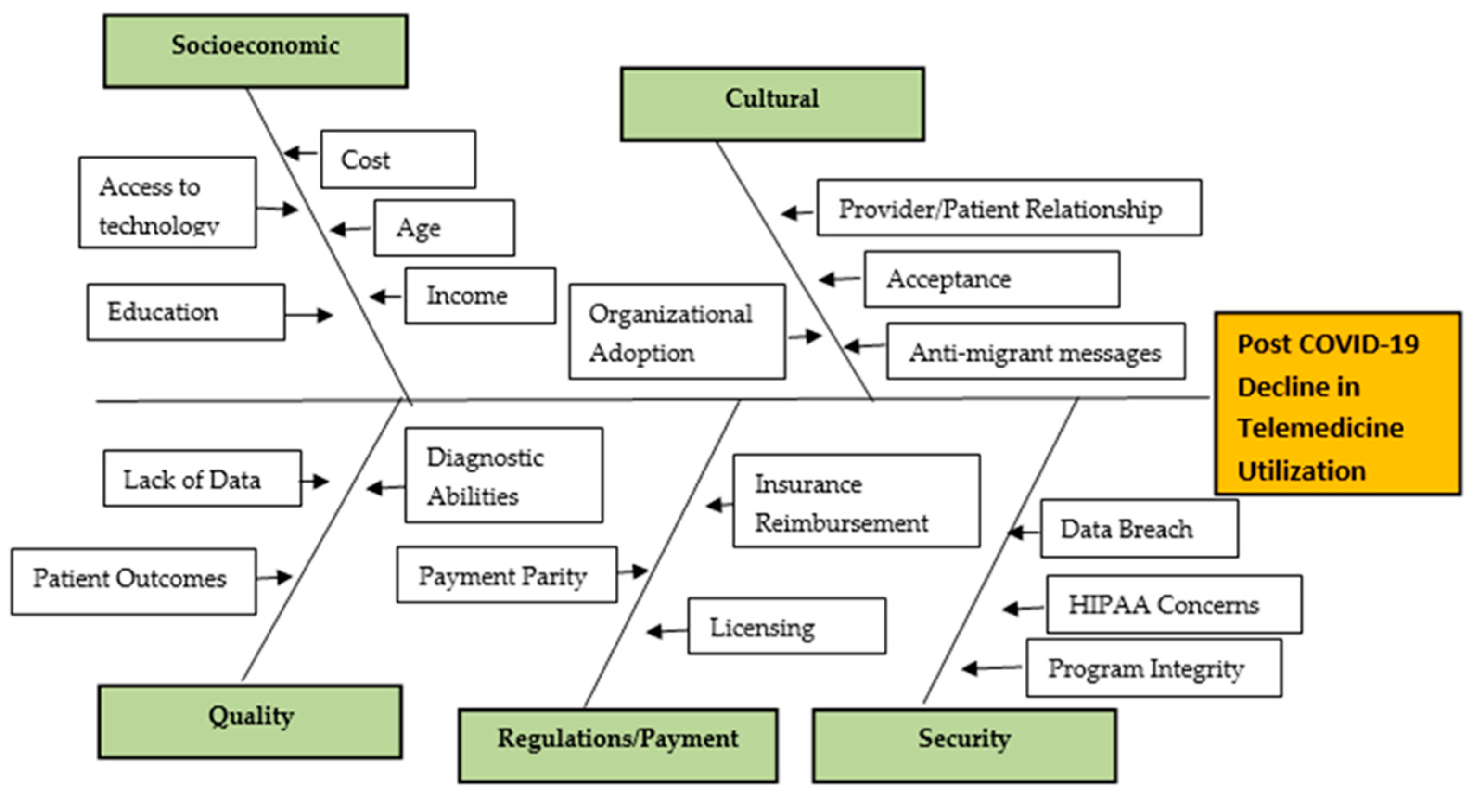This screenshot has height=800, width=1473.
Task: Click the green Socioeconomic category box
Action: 256,51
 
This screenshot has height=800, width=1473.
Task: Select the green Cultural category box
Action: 772,104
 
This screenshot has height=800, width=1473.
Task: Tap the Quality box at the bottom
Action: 250,722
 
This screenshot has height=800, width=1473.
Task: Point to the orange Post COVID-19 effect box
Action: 1338,403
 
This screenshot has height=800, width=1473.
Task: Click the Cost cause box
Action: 398,159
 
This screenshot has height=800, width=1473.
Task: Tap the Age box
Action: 444,228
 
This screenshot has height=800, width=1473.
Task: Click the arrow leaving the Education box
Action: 309,315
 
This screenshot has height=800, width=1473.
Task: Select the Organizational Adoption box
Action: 677,332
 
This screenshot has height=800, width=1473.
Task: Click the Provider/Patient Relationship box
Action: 1009,208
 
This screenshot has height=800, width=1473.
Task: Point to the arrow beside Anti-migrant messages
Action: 865,346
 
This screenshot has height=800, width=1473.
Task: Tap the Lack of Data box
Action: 202,479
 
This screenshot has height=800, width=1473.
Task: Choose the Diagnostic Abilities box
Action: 504,476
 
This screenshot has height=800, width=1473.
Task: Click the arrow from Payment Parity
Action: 633,571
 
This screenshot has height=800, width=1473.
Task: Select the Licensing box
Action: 787,626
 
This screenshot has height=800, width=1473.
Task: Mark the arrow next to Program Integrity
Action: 993,668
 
